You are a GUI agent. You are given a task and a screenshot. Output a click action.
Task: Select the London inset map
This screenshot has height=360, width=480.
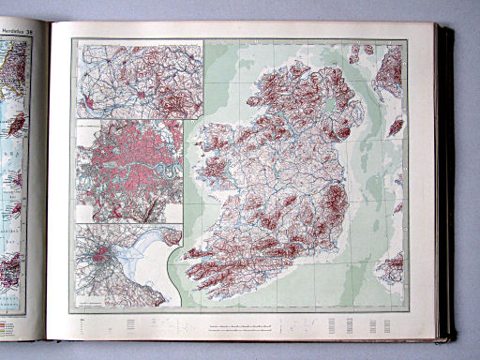coord(128,169)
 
